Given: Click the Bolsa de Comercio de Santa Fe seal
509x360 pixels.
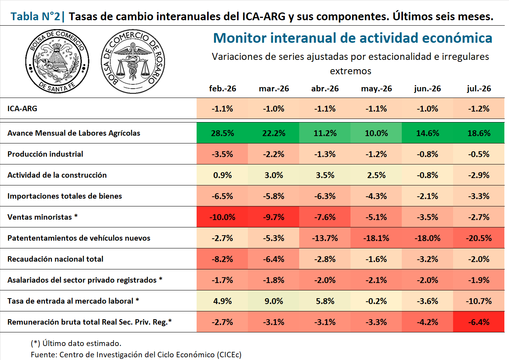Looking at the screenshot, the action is point(57,61).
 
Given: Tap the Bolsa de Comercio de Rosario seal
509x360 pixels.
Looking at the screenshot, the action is point(133,61).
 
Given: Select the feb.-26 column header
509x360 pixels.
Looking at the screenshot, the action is point(223,89).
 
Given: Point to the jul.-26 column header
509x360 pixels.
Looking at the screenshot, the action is point(479,89).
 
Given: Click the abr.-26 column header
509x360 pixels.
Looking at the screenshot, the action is point(325,89).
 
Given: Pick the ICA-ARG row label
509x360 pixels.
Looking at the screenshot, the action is point(22,108).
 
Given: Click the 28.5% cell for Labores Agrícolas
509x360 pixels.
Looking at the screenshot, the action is point(223,133).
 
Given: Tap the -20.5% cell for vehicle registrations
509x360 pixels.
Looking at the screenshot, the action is point(479,238).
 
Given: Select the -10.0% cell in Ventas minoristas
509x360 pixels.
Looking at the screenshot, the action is point(223,217).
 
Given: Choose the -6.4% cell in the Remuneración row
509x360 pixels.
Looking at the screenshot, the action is point(479,322).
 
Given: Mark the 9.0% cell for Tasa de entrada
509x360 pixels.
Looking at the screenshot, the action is point(274,301).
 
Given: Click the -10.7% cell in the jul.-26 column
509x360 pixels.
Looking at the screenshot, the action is point(479,301).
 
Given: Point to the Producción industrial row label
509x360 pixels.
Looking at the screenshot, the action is point(45,154).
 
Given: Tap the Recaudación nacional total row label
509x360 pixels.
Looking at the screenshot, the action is point(55,259).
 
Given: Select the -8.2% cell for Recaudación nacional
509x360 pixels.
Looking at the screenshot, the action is point(223,259).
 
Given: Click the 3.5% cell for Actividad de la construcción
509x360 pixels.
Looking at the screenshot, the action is point(325,175).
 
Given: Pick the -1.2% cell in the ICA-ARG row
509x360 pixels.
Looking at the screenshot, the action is point(479,108).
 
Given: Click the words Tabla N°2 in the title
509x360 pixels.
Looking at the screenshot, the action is point(35,16).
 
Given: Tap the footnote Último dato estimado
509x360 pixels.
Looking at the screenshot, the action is point(76,343).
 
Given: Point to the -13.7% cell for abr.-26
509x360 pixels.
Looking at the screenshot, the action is point(325,238).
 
